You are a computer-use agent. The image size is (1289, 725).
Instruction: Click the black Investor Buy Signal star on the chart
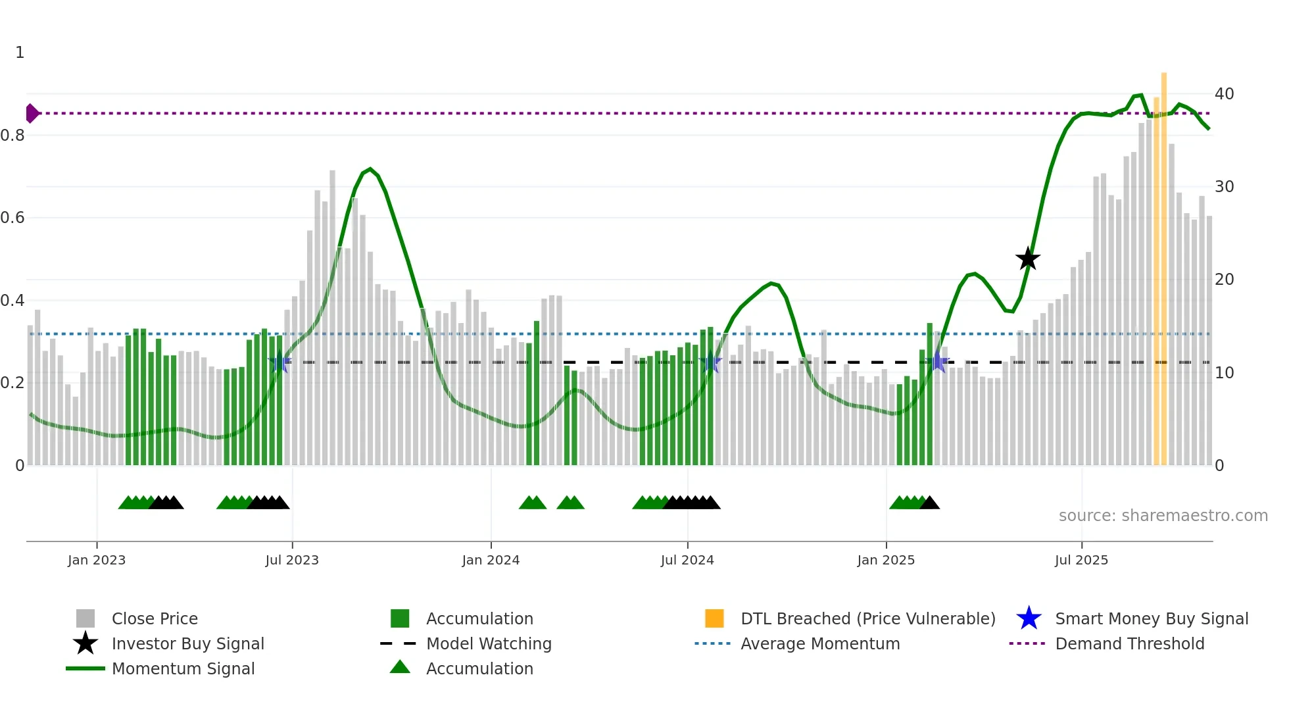pos(1027,259)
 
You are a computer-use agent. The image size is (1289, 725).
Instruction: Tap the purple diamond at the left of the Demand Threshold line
pos(32,113)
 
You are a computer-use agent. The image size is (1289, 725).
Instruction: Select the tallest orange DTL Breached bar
pos(1163,263)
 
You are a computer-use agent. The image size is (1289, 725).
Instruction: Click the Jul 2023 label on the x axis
pos(292,560)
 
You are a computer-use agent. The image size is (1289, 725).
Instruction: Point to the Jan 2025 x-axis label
pos(885,560)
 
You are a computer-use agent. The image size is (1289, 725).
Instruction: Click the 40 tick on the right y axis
pos(1224,93)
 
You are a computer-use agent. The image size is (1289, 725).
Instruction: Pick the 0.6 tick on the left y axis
pos(13,218)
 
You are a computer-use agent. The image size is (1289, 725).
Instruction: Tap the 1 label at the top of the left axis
pos(20,53)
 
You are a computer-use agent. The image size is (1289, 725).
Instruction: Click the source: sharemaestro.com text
pos(1163,515)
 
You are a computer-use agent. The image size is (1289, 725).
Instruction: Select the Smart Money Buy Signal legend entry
pos(1151,618)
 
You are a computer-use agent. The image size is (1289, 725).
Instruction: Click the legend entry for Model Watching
pos(489,643)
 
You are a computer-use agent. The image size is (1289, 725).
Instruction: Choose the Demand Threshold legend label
pos(1129,643)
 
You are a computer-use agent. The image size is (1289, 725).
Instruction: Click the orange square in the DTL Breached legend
pos(714,618)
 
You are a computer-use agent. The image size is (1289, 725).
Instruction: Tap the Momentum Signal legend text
pos(183,668)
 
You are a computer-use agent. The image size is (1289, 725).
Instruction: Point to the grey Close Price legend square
pos(85,618)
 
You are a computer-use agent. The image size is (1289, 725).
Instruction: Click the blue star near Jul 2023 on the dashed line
pos(280,362)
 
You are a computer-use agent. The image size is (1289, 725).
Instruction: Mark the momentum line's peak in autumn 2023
pos(370,169)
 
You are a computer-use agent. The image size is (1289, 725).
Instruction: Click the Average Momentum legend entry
pos(819,643)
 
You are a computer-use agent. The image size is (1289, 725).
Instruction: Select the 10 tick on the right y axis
pos(1224,372)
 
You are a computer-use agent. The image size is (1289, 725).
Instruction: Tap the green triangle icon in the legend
pos(400,667)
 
